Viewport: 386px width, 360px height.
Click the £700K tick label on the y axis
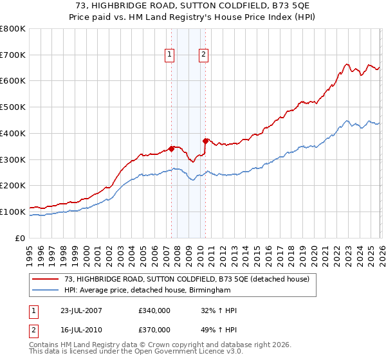click(x=13, y=55)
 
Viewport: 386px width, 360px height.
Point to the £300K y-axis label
click(x=13, y=159)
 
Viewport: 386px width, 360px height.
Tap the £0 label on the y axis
click(x=20, y=238)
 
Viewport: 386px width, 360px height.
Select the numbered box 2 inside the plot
click(x=203, y=55)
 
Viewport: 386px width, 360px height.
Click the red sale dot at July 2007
click(x=172, y=148)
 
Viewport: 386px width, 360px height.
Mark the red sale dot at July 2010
click(x=205, y=141)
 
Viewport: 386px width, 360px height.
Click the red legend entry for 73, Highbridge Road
click(x=187, y=279)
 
